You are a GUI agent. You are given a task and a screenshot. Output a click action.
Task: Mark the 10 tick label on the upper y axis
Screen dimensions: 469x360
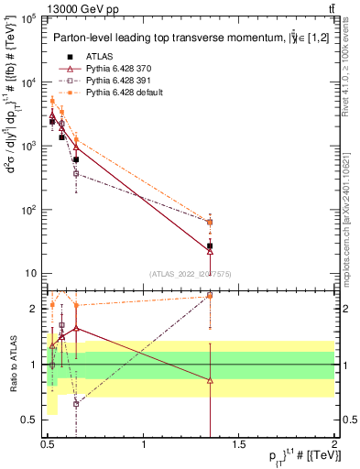point(30,274)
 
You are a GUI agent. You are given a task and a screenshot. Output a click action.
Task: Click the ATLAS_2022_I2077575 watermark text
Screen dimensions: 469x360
point(190,273)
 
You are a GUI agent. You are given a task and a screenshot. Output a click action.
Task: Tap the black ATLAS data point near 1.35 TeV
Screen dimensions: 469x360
point(210,246)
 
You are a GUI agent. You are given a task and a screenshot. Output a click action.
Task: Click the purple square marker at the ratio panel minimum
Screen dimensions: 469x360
point(76,403)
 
